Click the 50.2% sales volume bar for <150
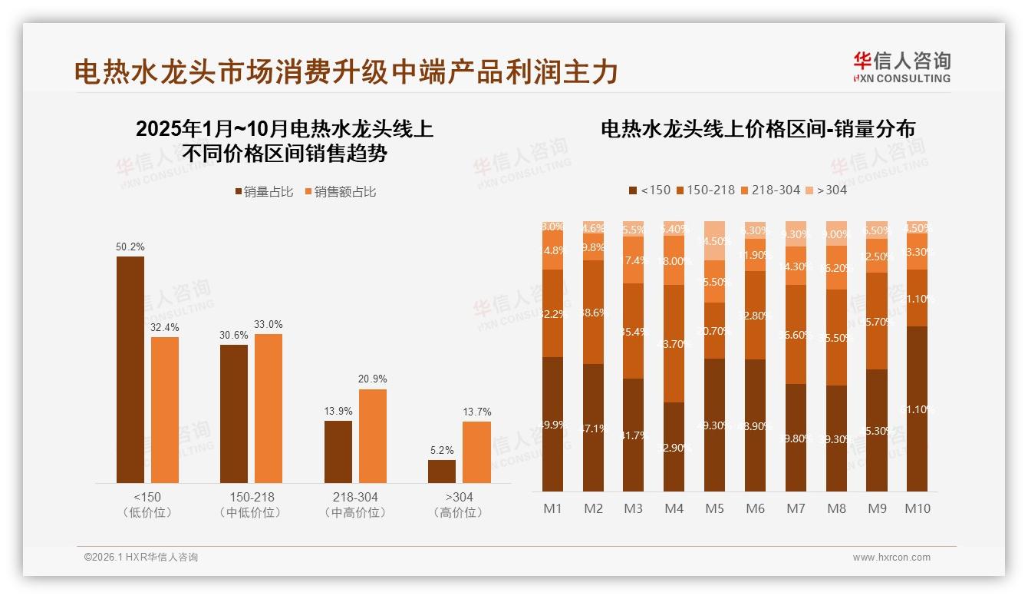pyautogui.click(x=130, y=369)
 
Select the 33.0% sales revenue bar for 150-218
pyautogui.click(x=269, y=409)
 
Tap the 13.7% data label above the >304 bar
pyautogui.click(x=476, y=412)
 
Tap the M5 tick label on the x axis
pyautogui.click(x=714, y=508)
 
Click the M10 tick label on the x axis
pyautogui.click(x=917, y=508)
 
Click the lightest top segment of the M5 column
pyautogui.click(x=714, y=240)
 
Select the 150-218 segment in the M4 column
pyautogui.click(x=674, y=343)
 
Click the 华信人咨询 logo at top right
pyautogui.click(x=901, y=67)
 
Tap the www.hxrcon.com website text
pyautogui.click(x=891, y=558)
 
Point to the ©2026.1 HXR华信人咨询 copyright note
pyautogui.click(x=140, y=558)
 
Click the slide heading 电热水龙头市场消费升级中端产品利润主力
pyautogui.click(x=346, y=72)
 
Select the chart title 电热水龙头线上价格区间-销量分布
pyautogui.click(x=757, y=129)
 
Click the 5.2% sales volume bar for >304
pyautogui.click(x=442, y=472)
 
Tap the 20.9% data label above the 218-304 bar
pyautogui.click(x=373, y=379)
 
